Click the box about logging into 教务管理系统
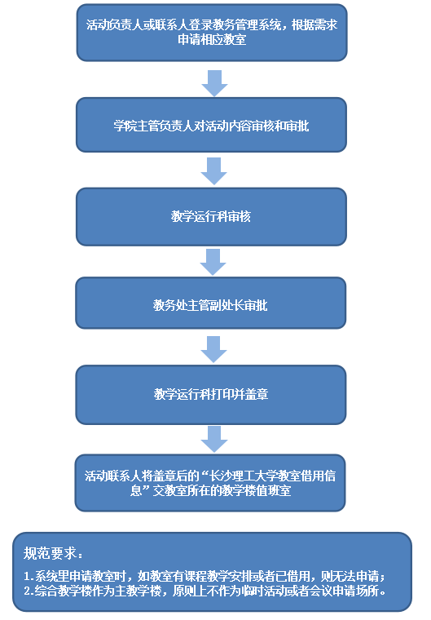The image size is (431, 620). click(x=212, y=33)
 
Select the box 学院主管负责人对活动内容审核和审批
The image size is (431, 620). click(x=211, y=125)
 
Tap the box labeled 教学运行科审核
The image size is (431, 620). click(x=211, y=217)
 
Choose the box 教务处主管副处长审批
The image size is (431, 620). click(x=211, y=303)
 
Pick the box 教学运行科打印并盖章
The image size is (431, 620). click(x=211, y=395)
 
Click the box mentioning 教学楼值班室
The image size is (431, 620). click(x=210, y=483)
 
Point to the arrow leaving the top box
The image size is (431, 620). click(x=214, y=83)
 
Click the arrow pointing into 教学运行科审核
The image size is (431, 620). click(x=213, y=171)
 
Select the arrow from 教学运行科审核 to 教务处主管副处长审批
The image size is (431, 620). click(x=213, y=262)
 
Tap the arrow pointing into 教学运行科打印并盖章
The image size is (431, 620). click(x=213, y=349)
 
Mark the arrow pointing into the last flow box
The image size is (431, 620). click(x=214, y=439)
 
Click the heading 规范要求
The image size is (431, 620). click(x=53, y=553)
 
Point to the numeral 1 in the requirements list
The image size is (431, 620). click(x=27, y=577)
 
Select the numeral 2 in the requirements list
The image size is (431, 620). click(x=27, y=591)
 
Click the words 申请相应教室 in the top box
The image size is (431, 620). click(x=212, y=39)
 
